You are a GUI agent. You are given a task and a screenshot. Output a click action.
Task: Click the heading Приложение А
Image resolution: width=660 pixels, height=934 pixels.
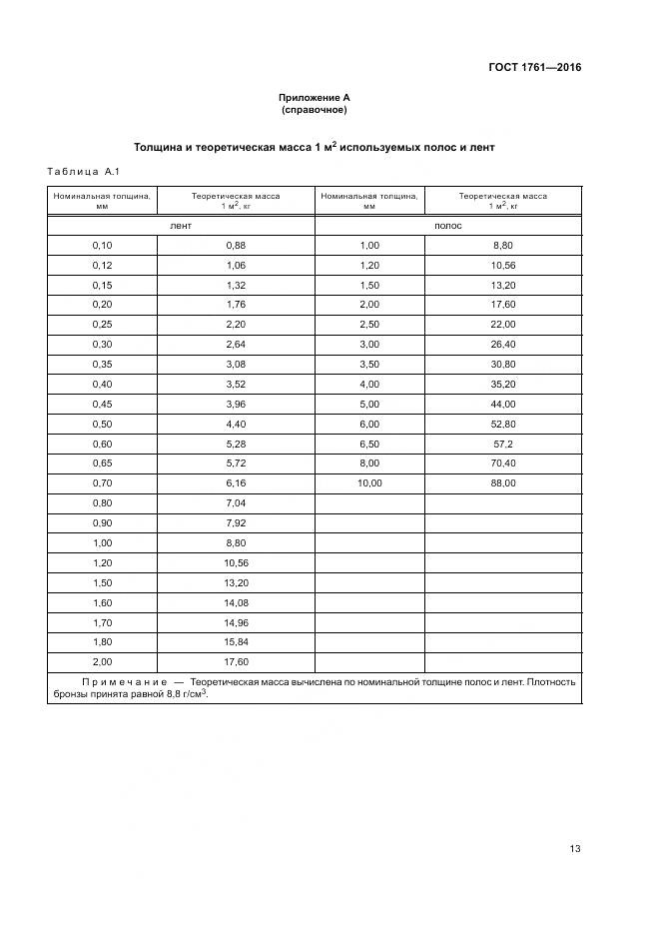tap(314, 98)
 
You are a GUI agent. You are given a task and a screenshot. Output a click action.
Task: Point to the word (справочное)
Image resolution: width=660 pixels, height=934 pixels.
tap(314, 110)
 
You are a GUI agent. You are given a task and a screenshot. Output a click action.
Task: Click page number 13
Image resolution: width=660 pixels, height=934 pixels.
tap(574, 849)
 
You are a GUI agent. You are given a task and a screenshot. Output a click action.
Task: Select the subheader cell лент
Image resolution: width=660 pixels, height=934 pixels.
tap(181, 227)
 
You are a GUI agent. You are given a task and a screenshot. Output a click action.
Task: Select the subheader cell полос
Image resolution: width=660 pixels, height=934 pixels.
tap(447, 227)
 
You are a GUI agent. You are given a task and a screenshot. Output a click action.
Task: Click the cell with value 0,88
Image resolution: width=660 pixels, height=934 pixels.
tap(236, 246)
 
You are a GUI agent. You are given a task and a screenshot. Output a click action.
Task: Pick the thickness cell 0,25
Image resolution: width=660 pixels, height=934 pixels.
tap(102, 325)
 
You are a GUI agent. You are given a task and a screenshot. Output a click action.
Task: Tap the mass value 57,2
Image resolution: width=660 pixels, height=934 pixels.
tap(503, 444)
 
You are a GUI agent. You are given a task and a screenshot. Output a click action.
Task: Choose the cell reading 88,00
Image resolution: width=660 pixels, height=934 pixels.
tap(503, 483)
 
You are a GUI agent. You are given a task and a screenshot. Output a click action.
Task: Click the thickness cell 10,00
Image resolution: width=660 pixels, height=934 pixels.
tap(368, 483)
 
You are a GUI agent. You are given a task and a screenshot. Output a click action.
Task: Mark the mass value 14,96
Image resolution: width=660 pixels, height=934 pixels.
tap(236, 621)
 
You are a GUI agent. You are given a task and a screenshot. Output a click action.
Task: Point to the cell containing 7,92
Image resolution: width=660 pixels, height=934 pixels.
tap(236, 522)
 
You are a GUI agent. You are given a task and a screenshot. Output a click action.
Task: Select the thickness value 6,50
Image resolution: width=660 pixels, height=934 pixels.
tap(368, 444)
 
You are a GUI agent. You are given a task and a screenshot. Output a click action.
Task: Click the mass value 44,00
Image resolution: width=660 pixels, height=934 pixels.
tap(503, 404)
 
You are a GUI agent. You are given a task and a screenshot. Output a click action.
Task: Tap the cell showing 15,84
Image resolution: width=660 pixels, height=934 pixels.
tap(236, 641)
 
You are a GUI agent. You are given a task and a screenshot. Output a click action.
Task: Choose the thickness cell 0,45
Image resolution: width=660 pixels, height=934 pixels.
tap(102, 404)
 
